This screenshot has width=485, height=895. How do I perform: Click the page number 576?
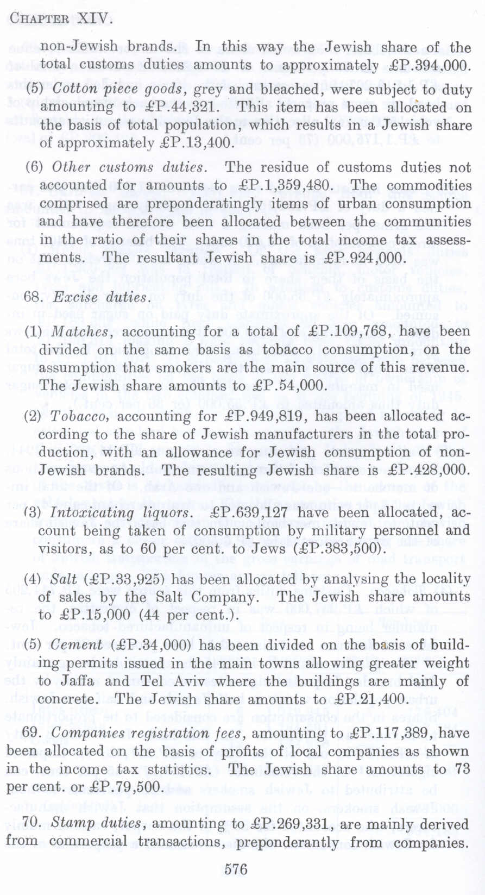pos(236,869)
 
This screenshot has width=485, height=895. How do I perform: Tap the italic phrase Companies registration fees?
pos(147,734)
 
